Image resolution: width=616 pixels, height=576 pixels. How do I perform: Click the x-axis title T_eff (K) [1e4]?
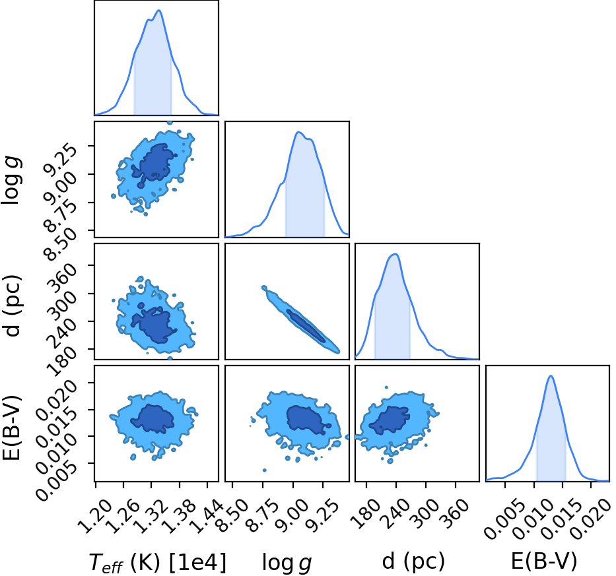(158, 562)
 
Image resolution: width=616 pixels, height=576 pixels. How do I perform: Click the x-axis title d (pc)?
(413, 561)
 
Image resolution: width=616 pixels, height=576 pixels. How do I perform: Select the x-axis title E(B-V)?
(544, 561)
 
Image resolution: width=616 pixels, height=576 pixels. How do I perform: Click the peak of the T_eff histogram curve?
(160, 10)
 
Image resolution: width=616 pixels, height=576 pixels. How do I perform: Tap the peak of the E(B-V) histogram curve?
(551, 376)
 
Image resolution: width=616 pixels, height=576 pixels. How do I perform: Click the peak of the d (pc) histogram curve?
(396, 254)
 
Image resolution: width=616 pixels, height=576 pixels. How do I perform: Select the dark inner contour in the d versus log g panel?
(306, 325)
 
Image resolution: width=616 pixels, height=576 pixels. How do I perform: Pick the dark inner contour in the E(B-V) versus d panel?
(389, 420)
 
